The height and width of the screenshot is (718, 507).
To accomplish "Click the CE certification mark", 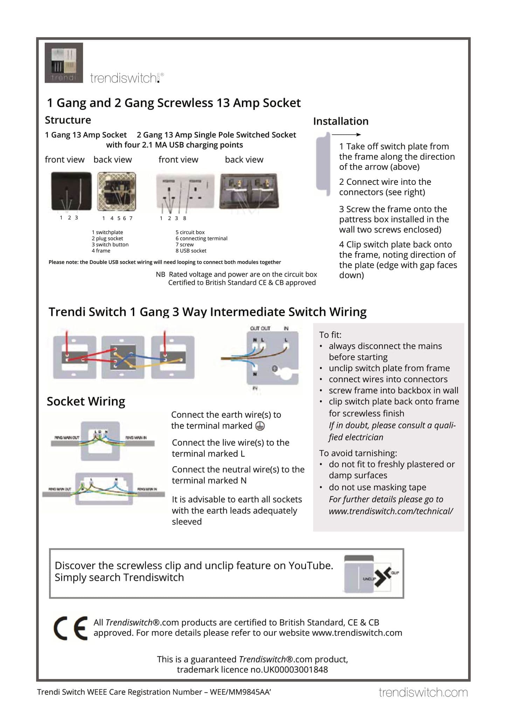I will tap(70, 628).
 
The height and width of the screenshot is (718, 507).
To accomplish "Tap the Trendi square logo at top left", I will tap(64, 63).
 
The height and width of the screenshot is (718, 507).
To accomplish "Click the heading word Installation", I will tap(340, 121).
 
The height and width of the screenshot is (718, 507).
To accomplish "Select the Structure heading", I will tap(68, 120).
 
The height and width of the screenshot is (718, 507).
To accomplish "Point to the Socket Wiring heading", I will tap(86, 401).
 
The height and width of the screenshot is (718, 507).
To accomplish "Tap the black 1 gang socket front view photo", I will tap(71, 191).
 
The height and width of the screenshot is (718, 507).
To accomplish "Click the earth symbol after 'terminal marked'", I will tap(259, 426).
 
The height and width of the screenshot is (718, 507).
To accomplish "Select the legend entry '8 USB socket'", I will tap(191, 251).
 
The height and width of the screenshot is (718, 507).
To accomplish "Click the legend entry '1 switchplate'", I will tap(107, 232).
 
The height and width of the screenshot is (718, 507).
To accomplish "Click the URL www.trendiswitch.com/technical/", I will tap(390, 511).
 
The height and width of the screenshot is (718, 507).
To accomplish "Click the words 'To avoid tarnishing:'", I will tap(358, 453).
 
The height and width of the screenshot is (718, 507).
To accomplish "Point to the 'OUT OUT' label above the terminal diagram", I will tap(260, 328).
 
